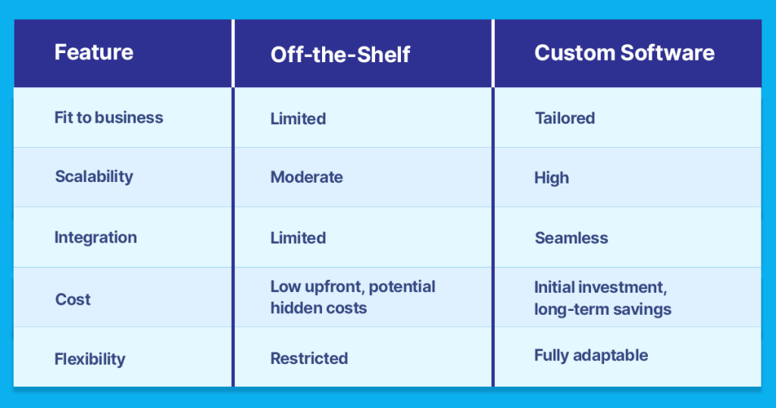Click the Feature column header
point(94,52)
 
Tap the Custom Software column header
point(624,52)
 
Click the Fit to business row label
point(108,118)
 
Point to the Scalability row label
point(94,177)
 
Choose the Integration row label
point(95,237)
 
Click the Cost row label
point(73,299)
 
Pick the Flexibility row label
point(89,359)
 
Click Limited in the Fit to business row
point(298,118)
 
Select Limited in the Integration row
point(298,237)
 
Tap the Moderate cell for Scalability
point(306,177)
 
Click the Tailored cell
point(565,118)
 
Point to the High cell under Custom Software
point(551,178)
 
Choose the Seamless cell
point(571,238)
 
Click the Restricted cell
point(309,358)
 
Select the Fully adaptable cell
point(590,356)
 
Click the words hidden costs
point(318,308)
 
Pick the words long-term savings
point(602,309)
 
